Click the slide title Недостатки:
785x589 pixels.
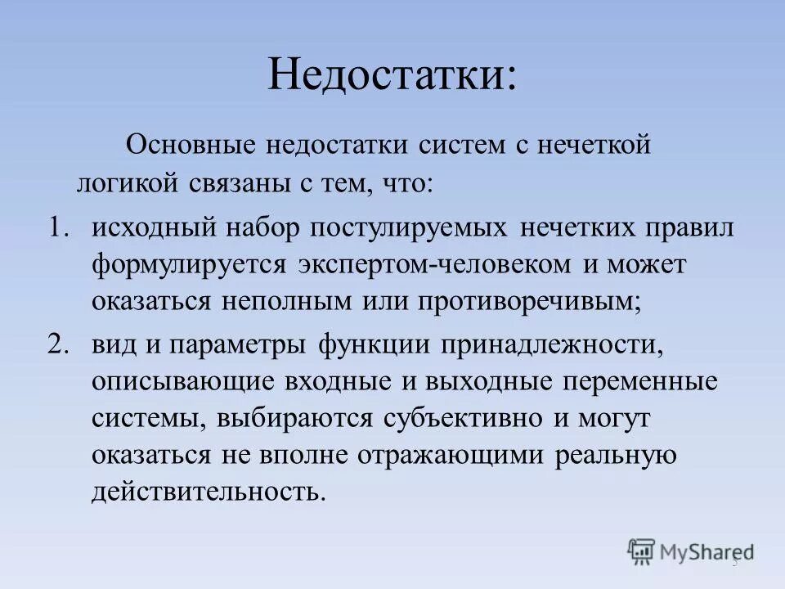392,74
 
